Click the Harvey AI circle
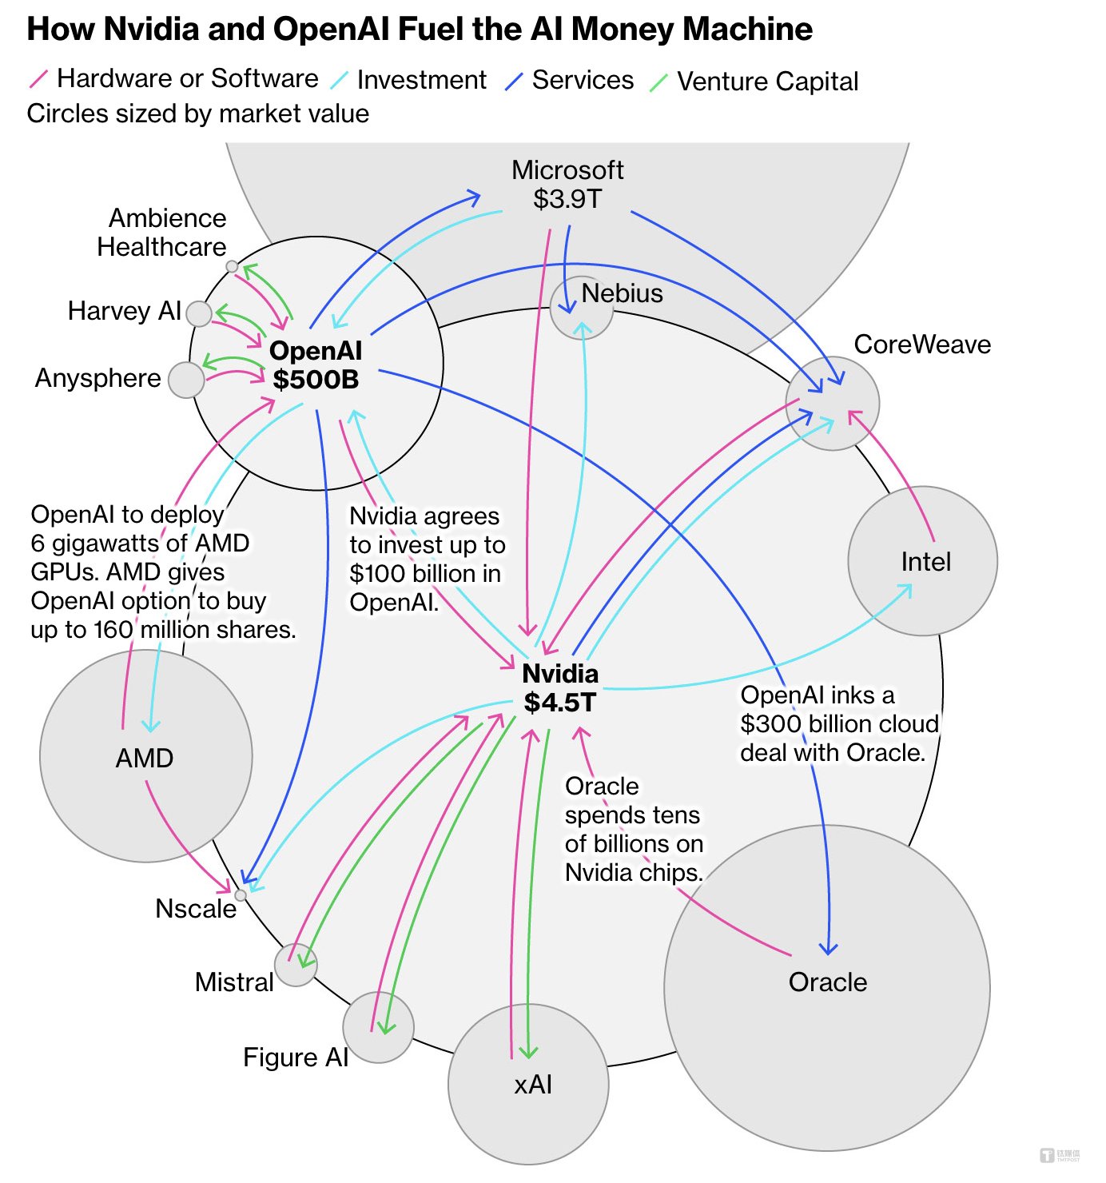(x=199, y=313)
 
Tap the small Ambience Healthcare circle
(x=232, y=266)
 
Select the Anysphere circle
(x=187, y=380)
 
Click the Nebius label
(x=622, y=293)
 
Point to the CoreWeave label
(x=922, y=345)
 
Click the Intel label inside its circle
(x=925, y=562)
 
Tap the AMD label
(x=145, y=758)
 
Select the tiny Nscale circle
(x=241, y=894)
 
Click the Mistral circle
(x=296, y=964)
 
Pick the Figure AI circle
(x=378, y=1027)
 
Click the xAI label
(x=533, y=1085)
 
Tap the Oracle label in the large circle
(x=827, y=982)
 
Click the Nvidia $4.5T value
(x=559, y=703)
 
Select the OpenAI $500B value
(x=316, y=380)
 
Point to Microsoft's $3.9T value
(x=567, y=199)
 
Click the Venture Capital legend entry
(x=767, y=82)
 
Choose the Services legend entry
(x=583, y=80)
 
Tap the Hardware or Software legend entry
(x=187, y=78)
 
